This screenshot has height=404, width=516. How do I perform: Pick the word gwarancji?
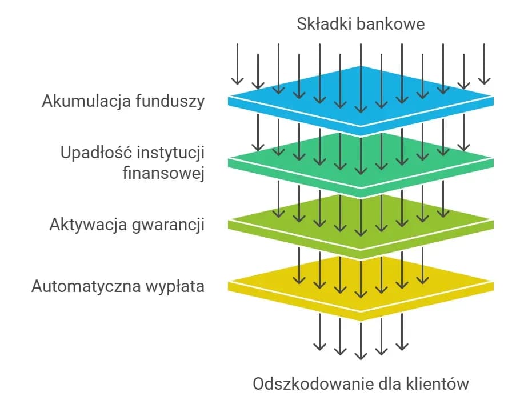click(170, 224)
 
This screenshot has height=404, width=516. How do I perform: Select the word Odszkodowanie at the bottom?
click(314, 383)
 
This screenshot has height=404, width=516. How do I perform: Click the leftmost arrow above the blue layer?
click(237, 64)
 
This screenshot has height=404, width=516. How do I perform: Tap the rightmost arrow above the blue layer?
click(485, 64)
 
